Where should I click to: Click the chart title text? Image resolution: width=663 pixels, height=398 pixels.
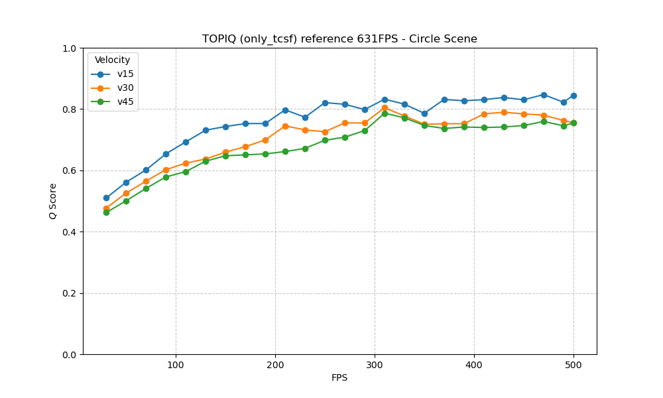[339, 39]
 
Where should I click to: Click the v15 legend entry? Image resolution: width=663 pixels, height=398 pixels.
[125, 74]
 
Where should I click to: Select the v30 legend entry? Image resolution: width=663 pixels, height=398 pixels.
[125, 88]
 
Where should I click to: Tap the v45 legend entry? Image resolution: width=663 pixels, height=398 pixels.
[125, 101]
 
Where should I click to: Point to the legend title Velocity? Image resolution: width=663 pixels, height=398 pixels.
[113, 60]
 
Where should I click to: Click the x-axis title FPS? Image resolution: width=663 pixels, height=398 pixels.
[339, 378]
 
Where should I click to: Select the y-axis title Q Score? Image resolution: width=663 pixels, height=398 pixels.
[52, 202]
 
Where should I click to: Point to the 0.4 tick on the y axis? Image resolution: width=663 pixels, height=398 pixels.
[70, 232]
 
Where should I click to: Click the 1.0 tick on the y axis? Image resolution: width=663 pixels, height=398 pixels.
[70, 48]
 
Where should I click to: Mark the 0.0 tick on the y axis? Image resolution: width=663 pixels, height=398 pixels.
[70, 355]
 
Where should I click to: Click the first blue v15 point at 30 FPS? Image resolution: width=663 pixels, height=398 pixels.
[106, 198]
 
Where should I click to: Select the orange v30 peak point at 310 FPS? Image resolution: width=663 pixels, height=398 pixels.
[385, 107]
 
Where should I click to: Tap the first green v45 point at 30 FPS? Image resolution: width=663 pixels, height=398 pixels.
[106, 212]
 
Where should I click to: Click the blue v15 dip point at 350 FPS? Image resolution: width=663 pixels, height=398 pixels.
[424, 113]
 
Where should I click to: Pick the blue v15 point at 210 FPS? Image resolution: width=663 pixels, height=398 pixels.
[285, 110]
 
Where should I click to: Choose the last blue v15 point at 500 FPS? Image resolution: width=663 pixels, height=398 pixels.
[573, 96]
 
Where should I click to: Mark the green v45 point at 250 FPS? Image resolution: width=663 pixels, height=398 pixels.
[325, 140]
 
